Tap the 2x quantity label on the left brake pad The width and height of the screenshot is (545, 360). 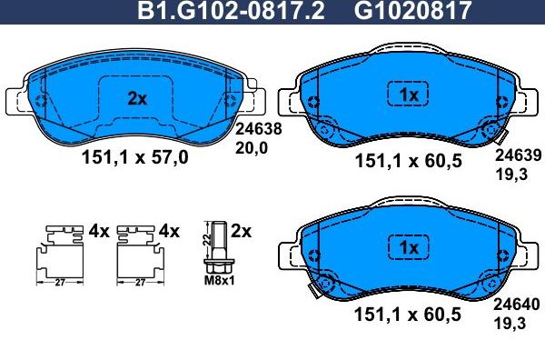click(x=136, y=99)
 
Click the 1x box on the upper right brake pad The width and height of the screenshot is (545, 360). click(x=408, y=95)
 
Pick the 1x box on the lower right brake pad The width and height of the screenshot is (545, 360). click(x=408, y=247)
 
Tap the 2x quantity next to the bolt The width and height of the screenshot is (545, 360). click(x=241, y=231)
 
